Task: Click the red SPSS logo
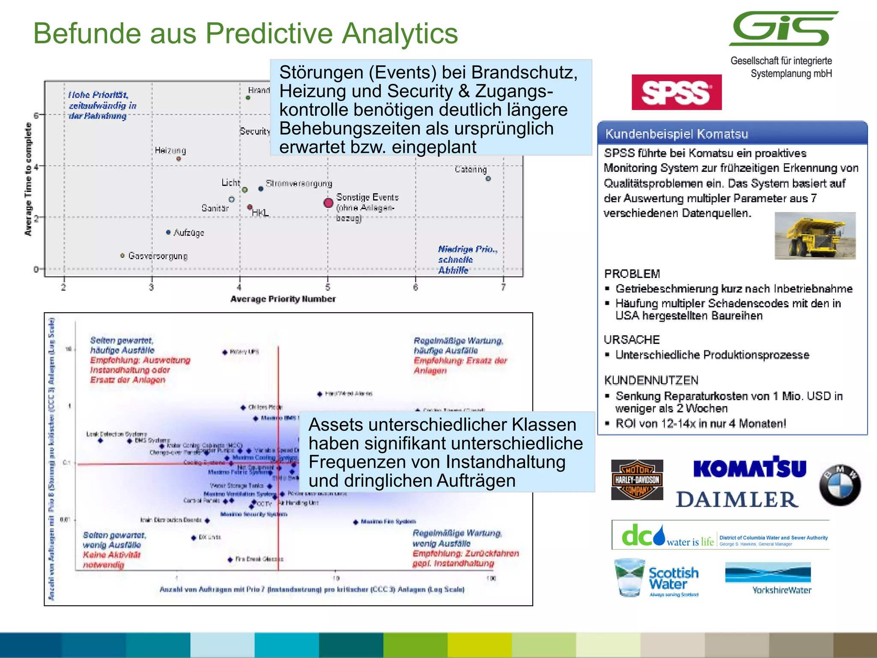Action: (x=676, y=92)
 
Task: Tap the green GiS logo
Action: (x=783, y=29)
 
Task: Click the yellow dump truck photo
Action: (x=814, y=236)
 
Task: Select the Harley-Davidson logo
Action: (x=637, y=480)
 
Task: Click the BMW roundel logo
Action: (x=839, y=485)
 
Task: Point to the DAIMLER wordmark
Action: (x=737, y=499)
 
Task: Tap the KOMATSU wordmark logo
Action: (x=749, y=468)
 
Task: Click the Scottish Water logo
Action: (x=656, y=577)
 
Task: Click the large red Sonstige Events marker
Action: (x=328, y=203)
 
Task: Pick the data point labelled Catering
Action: (x=488, y=179)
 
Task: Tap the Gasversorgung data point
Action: (x=122, y=255)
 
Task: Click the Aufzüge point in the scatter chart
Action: (x=168, y=232)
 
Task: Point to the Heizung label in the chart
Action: (x=170, y=150)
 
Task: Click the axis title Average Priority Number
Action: (x=283, y=299)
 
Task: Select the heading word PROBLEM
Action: (x=632, y=274)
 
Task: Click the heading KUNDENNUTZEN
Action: (x=651, y=380)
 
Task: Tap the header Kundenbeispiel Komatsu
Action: (x=676, y=134)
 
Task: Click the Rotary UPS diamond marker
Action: (x=225, y=352)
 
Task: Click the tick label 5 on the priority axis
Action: (x=328, y=287)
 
